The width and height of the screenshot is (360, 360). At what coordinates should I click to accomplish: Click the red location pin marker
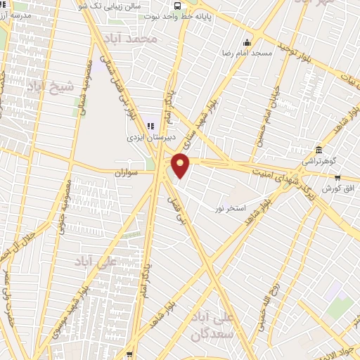(181, 165)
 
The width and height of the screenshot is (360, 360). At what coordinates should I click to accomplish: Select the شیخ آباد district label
(49, 86)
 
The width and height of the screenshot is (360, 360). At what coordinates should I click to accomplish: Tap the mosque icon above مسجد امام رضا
(246, 41)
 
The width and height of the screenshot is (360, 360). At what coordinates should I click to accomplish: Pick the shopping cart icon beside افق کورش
(338, 177)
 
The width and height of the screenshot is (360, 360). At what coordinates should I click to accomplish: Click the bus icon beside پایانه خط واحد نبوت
(176, 6)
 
